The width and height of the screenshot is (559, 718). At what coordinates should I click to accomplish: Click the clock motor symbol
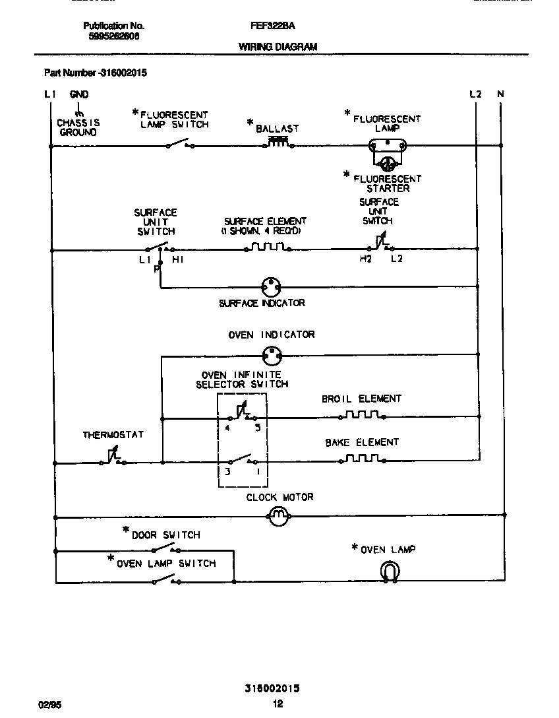point(278,516)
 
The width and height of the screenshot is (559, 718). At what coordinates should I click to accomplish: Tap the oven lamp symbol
point(390,571)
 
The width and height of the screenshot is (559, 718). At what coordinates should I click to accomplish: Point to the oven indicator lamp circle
point(272,356)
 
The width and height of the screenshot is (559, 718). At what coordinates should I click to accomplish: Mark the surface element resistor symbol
point(267,249)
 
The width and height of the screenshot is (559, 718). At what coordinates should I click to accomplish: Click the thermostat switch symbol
point(112,459)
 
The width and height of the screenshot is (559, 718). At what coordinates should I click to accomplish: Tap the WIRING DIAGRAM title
point(278,47)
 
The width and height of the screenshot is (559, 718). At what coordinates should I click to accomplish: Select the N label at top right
point(500,94)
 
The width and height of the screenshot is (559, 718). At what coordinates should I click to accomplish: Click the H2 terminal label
point(365,259)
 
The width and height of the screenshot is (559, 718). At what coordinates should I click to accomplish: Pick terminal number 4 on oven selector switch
point(227,428)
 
